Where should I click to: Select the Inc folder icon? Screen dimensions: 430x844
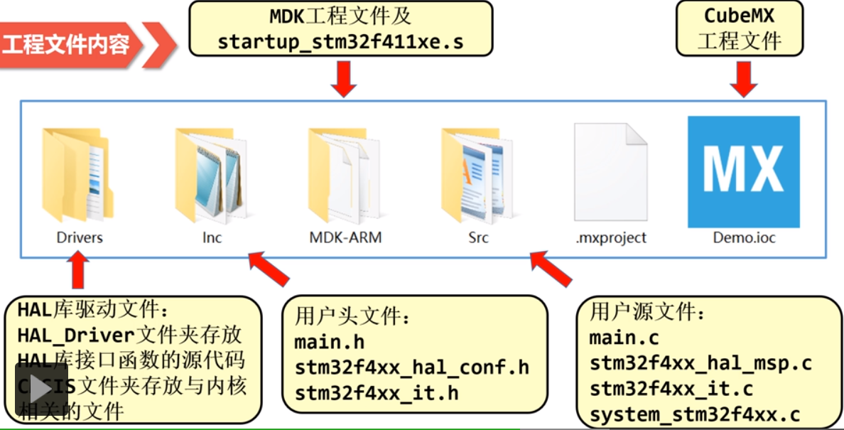click(x=211, y=175)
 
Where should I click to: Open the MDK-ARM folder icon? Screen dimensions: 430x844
click(x=345, y=175)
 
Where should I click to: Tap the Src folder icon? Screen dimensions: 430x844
click(x=477, y=175)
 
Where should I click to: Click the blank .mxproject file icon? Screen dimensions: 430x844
click(x=610, y=175)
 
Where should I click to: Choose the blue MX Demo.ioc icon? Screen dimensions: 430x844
click(x=743, y=172)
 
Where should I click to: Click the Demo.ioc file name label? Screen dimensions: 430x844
click(x=744, y=237)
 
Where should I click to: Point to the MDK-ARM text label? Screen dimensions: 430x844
click(x=345, y=237)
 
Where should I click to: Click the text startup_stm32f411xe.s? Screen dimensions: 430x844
click(x=340, y=41)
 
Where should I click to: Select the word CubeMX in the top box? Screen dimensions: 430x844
click(x=739, y=16)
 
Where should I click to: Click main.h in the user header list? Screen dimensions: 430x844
click(x=330, y=342)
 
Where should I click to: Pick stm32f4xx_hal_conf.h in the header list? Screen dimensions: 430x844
click(x=412, y=367)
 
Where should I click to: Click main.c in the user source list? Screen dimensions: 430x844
click(x=624, y=337)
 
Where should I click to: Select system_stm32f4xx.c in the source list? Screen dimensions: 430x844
click(x=695, y=414)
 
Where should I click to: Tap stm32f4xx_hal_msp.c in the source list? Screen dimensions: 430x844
click(x=700, y=363)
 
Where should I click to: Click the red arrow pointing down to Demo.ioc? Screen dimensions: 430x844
click(x=744, y=79)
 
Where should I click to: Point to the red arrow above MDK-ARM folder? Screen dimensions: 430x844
click(x=343, y=79)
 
